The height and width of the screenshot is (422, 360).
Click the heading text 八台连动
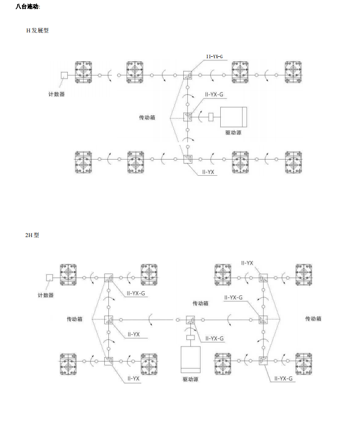click(x=28, y=7)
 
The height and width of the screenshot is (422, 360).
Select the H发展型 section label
click(x=37, y=30)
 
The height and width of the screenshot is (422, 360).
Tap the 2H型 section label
click(x=32, y=235)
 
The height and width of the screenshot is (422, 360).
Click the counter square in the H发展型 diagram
click(x=64, y=75)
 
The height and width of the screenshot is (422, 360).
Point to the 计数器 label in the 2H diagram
click(x=46, y=295)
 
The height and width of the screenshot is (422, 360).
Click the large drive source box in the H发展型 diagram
click(x=233, y=117)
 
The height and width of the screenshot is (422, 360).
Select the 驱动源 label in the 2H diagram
click(x=190, y=379)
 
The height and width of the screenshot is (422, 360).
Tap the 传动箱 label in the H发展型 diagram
click(x=147, y=118)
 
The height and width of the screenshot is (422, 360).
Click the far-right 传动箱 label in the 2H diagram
click(x=313, y=319)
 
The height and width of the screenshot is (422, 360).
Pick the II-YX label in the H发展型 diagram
click(x=208, y=172)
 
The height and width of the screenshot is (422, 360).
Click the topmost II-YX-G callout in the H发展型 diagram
click(x=215, y=57)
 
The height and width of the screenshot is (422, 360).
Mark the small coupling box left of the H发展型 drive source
click(x=211, y=117)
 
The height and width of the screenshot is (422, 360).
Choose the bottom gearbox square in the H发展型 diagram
click(x=187, y=159)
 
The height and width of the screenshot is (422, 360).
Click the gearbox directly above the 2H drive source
click(x=190, y=320)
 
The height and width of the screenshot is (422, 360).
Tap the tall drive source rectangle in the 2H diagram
click(x=190, y=360)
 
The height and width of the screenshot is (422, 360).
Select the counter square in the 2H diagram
click(x=49, y=278)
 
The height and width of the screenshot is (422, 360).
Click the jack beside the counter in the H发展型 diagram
click(x=84, y=72)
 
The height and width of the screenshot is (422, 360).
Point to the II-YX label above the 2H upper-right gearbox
click(x=247, y=263)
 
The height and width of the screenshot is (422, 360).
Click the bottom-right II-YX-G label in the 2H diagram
click(x=284, y=378)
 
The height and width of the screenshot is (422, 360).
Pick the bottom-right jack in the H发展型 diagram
click(x=294, y=162)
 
